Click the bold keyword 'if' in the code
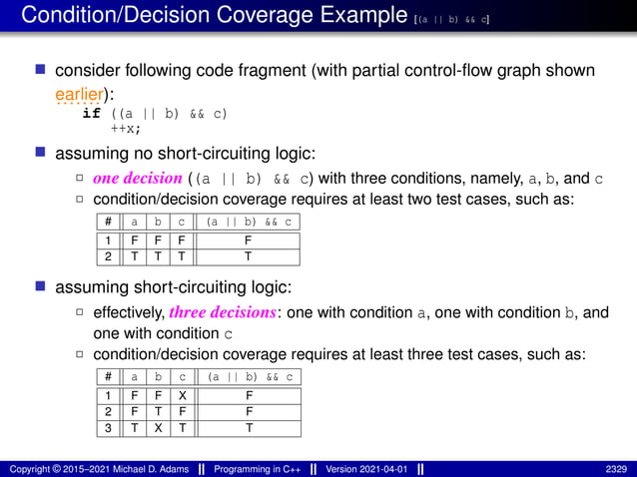tap(91, 114)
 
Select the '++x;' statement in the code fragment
tap(126, 128)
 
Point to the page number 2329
tap(615, 468)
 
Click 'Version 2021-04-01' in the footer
tap(368, 468)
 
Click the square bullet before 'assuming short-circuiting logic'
tap(41, 287)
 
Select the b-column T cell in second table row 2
tap(158, 410)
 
